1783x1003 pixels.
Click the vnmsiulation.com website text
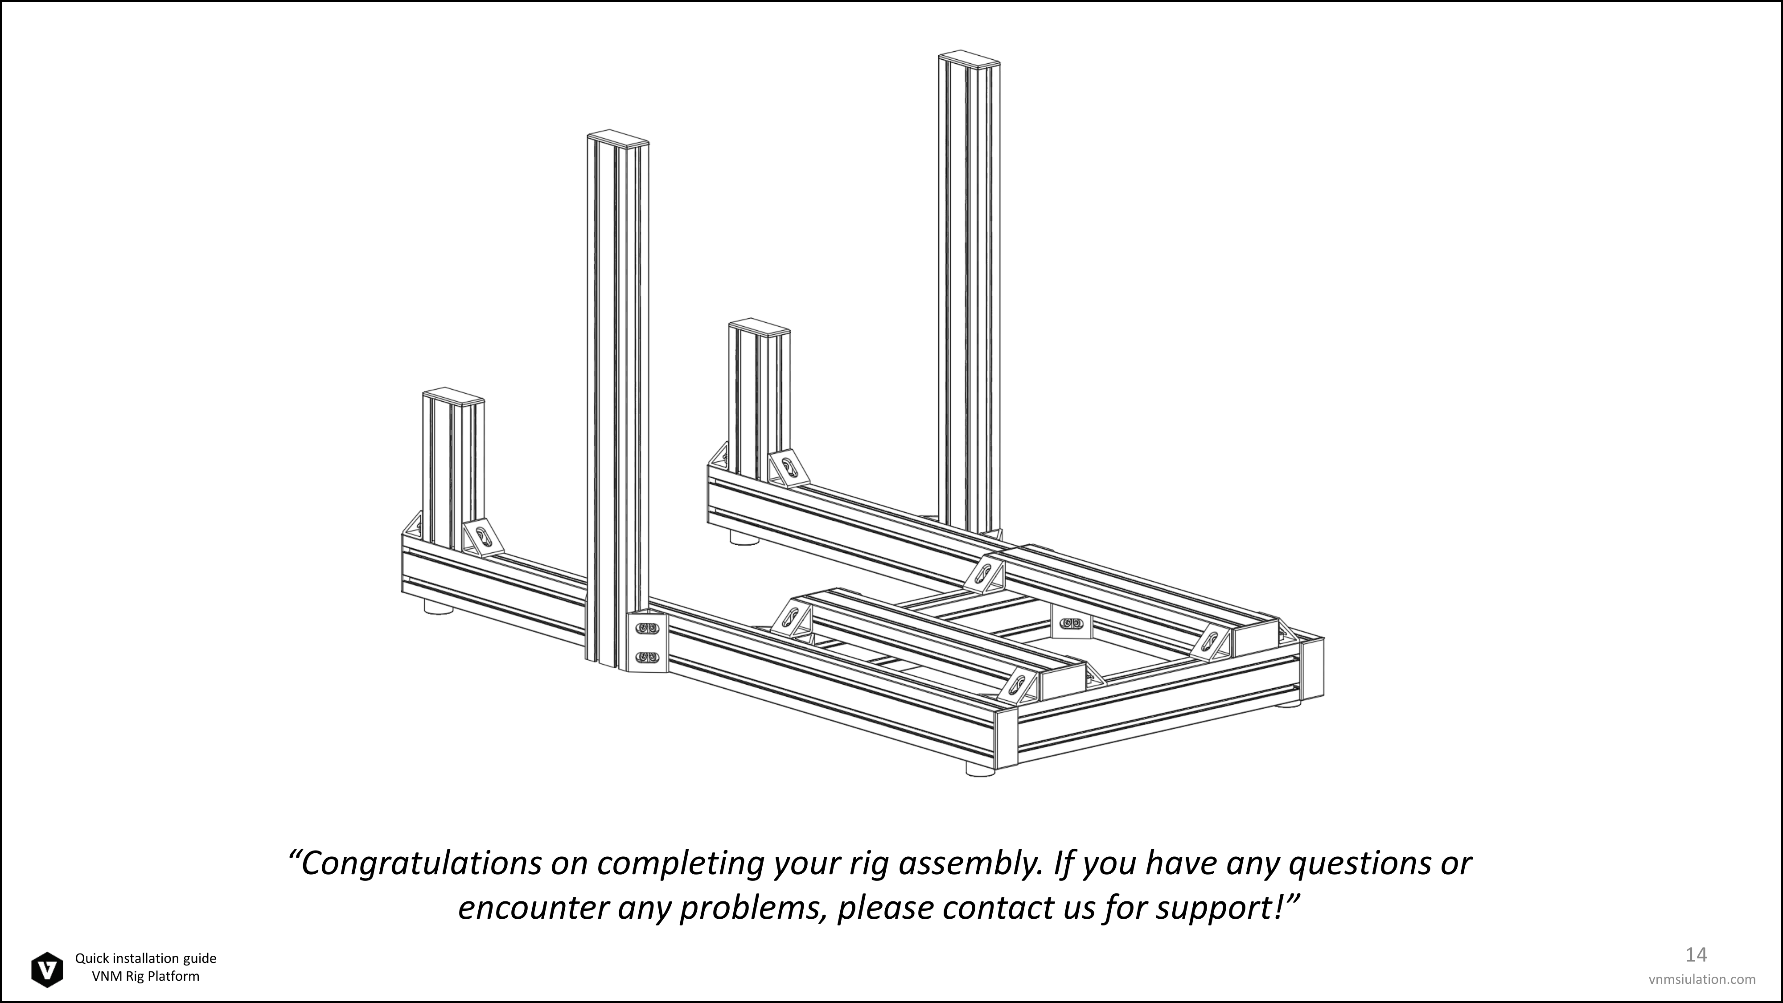1702,979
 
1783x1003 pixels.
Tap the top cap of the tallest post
969,58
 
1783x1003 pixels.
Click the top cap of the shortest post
453,395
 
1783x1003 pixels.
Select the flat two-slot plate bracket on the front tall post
647,642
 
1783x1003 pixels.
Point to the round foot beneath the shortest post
438,607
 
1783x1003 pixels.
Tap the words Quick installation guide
146,959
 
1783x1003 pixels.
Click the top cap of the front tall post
618,137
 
